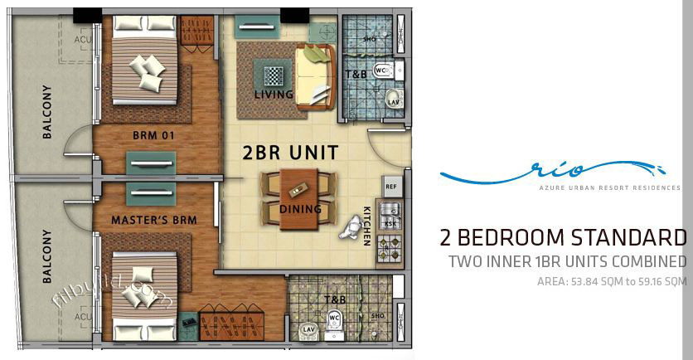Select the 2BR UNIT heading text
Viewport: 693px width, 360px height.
[290, 153]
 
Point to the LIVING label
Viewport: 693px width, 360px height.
[274, 95]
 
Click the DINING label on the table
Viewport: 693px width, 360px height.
[300, 209]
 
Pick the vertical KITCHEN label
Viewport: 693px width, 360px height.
[367, 226]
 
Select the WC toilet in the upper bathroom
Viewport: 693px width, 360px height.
[382, 71]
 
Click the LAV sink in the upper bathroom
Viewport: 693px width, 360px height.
[393, 101]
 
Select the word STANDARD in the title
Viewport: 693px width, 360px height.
[629, 239]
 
